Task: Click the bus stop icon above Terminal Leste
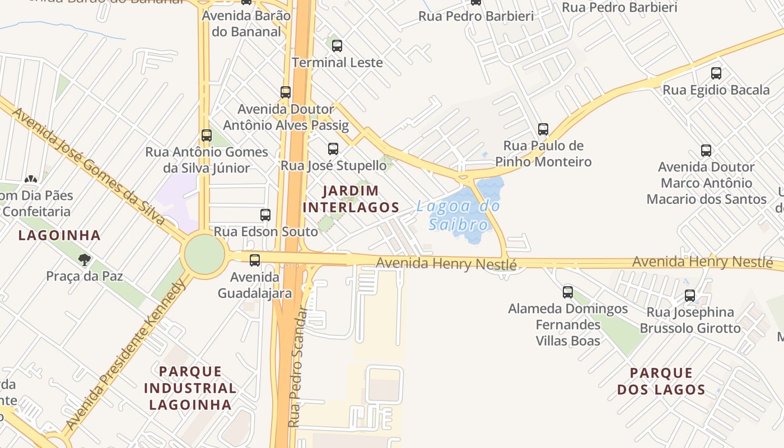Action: point(337,46)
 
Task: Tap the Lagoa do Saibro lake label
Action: point(458,216)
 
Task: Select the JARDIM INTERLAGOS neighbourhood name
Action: point(351,199)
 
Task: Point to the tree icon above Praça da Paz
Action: point(85,259)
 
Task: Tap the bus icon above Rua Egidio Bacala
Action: point(716,73)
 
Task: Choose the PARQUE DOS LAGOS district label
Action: point(661,381)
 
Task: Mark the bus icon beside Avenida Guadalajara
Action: point(255,260)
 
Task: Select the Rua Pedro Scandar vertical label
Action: point(298,367)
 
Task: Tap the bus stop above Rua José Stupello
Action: point(333,149)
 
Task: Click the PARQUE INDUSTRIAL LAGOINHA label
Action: point(190,388)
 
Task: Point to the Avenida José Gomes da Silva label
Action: point(89,167)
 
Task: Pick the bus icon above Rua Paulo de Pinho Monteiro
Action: point(543,129)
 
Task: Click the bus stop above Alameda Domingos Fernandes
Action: point(568,292)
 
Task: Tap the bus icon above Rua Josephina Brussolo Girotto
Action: point(690,296)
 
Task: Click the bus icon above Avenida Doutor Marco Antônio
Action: point(706,151)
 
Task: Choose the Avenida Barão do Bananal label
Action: point(246,24)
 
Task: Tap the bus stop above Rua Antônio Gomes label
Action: point(207,136)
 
